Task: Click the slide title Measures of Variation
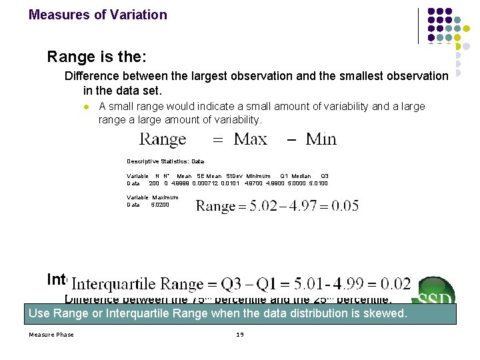pyautogui.click(x=98, y=15)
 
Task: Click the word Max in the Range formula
pyautogui.click(x=250, y=139)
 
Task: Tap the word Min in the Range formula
pyautogui.click(x=321, y=139)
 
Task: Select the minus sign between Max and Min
pyautogui.click(x=291, y=139)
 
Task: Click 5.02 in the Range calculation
pyautogui.click(x=265, y=205)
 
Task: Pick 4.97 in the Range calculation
pyautogui.click(x=303, y=205)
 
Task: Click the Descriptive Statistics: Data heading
pyautogui.click(x=165, y=161)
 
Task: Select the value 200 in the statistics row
pyautogui.click(x=153, y=183)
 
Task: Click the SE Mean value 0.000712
pyautogui.click(x=206, y=183)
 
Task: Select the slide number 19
pyautogui.click(x=240, y=334)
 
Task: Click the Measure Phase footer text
pyautogui.click(x=51, y=334)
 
